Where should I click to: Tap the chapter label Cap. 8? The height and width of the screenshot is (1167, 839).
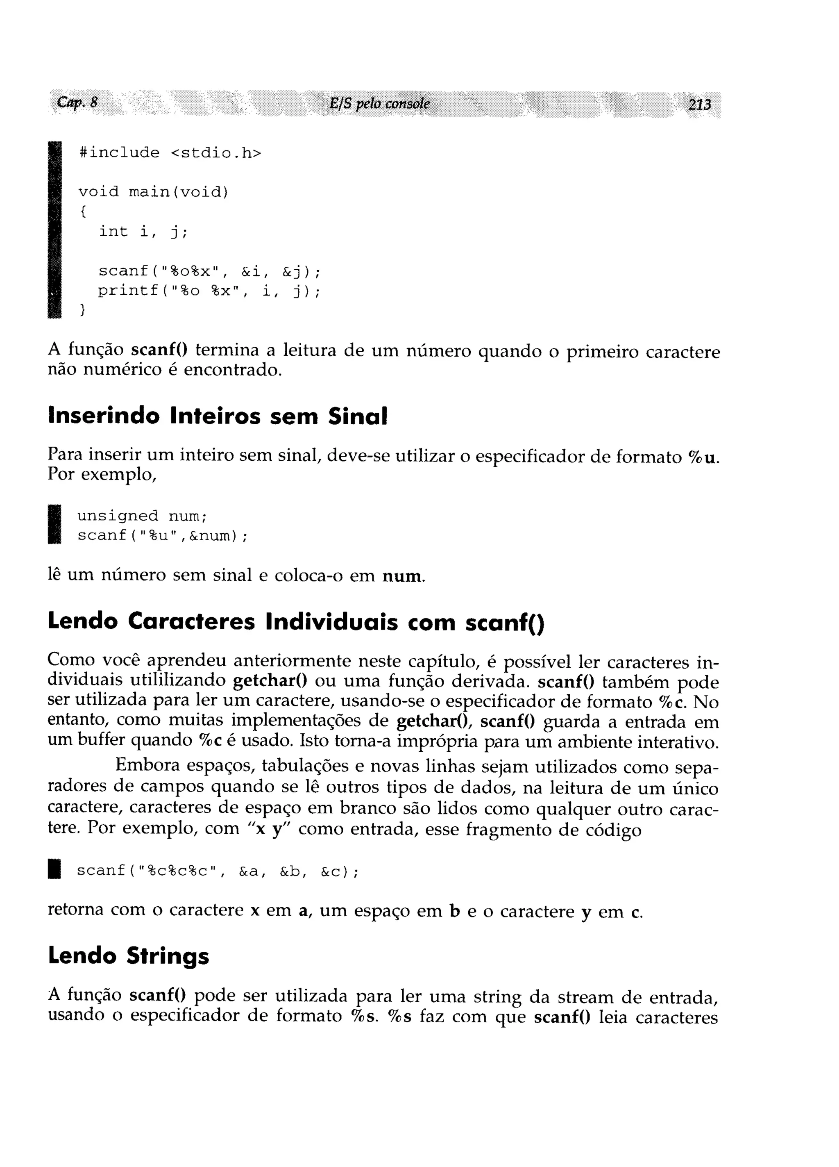pyautogui.click(x=77, y=102)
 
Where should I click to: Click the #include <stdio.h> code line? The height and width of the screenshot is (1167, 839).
pyautogui.click(x=170, y=153)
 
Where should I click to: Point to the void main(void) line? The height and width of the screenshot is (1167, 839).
pyautogui.click(x=153, y=192)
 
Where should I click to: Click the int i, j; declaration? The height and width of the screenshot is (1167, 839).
pyautogui.click(x=143, y=232)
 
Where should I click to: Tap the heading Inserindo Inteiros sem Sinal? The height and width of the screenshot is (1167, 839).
pyautogui.click(x=217, y=416)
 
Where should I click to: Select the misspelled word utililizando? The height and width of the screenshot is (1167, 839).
pyautogui.click(x=177, y=681)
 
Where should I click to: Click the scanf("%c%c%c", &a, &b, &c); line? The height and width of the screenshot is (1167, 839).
pyautogui.click(x=217, y=871)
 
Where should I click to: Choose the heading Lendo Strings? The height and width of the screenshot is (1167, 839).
pyautogui.click(x=129, y=955)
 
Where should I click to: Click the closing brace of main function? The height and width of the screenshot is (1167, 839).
pyautogui.click(x=82, y=310)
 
